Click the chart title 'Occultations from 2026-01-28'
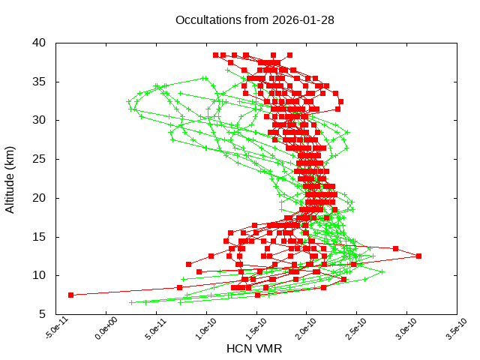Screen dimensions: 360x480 pyautogui.click(x=255, y=19)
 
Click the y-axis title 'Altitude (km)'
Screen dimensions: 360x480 pyautogui.click(x=10, y=178)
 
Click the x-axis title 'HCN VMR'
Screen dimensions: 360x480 pyautogui.click(x=254, y=349)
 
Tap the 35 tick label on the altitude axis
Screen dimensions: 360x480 pyautogui.click(x=40, y=81)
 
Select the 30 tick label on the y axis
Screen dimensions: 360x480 pyautogui.click(x=40, y=120)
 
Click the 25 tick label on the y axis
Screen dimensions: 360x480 pyautogui.click(x=40, y=159)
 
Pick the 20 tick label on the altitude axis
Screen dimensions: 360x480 pyautogui.click(x=40, y=198)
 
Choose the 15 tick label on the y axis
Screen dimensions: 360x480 pyautogui.click(x=40, y=237)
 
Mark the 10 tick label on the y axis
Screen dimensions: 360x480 pyautogui.click(x=40, y=275)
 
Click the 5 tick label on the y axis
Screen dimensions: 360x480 pyautogui.click(x=43, y=314)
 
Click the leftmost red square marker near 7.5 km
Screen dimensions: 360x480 pyautogui.click(x=71, y=295)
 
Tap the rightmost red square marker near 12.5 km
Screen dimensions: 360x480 pyautogui.click(x=418, y=256)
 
